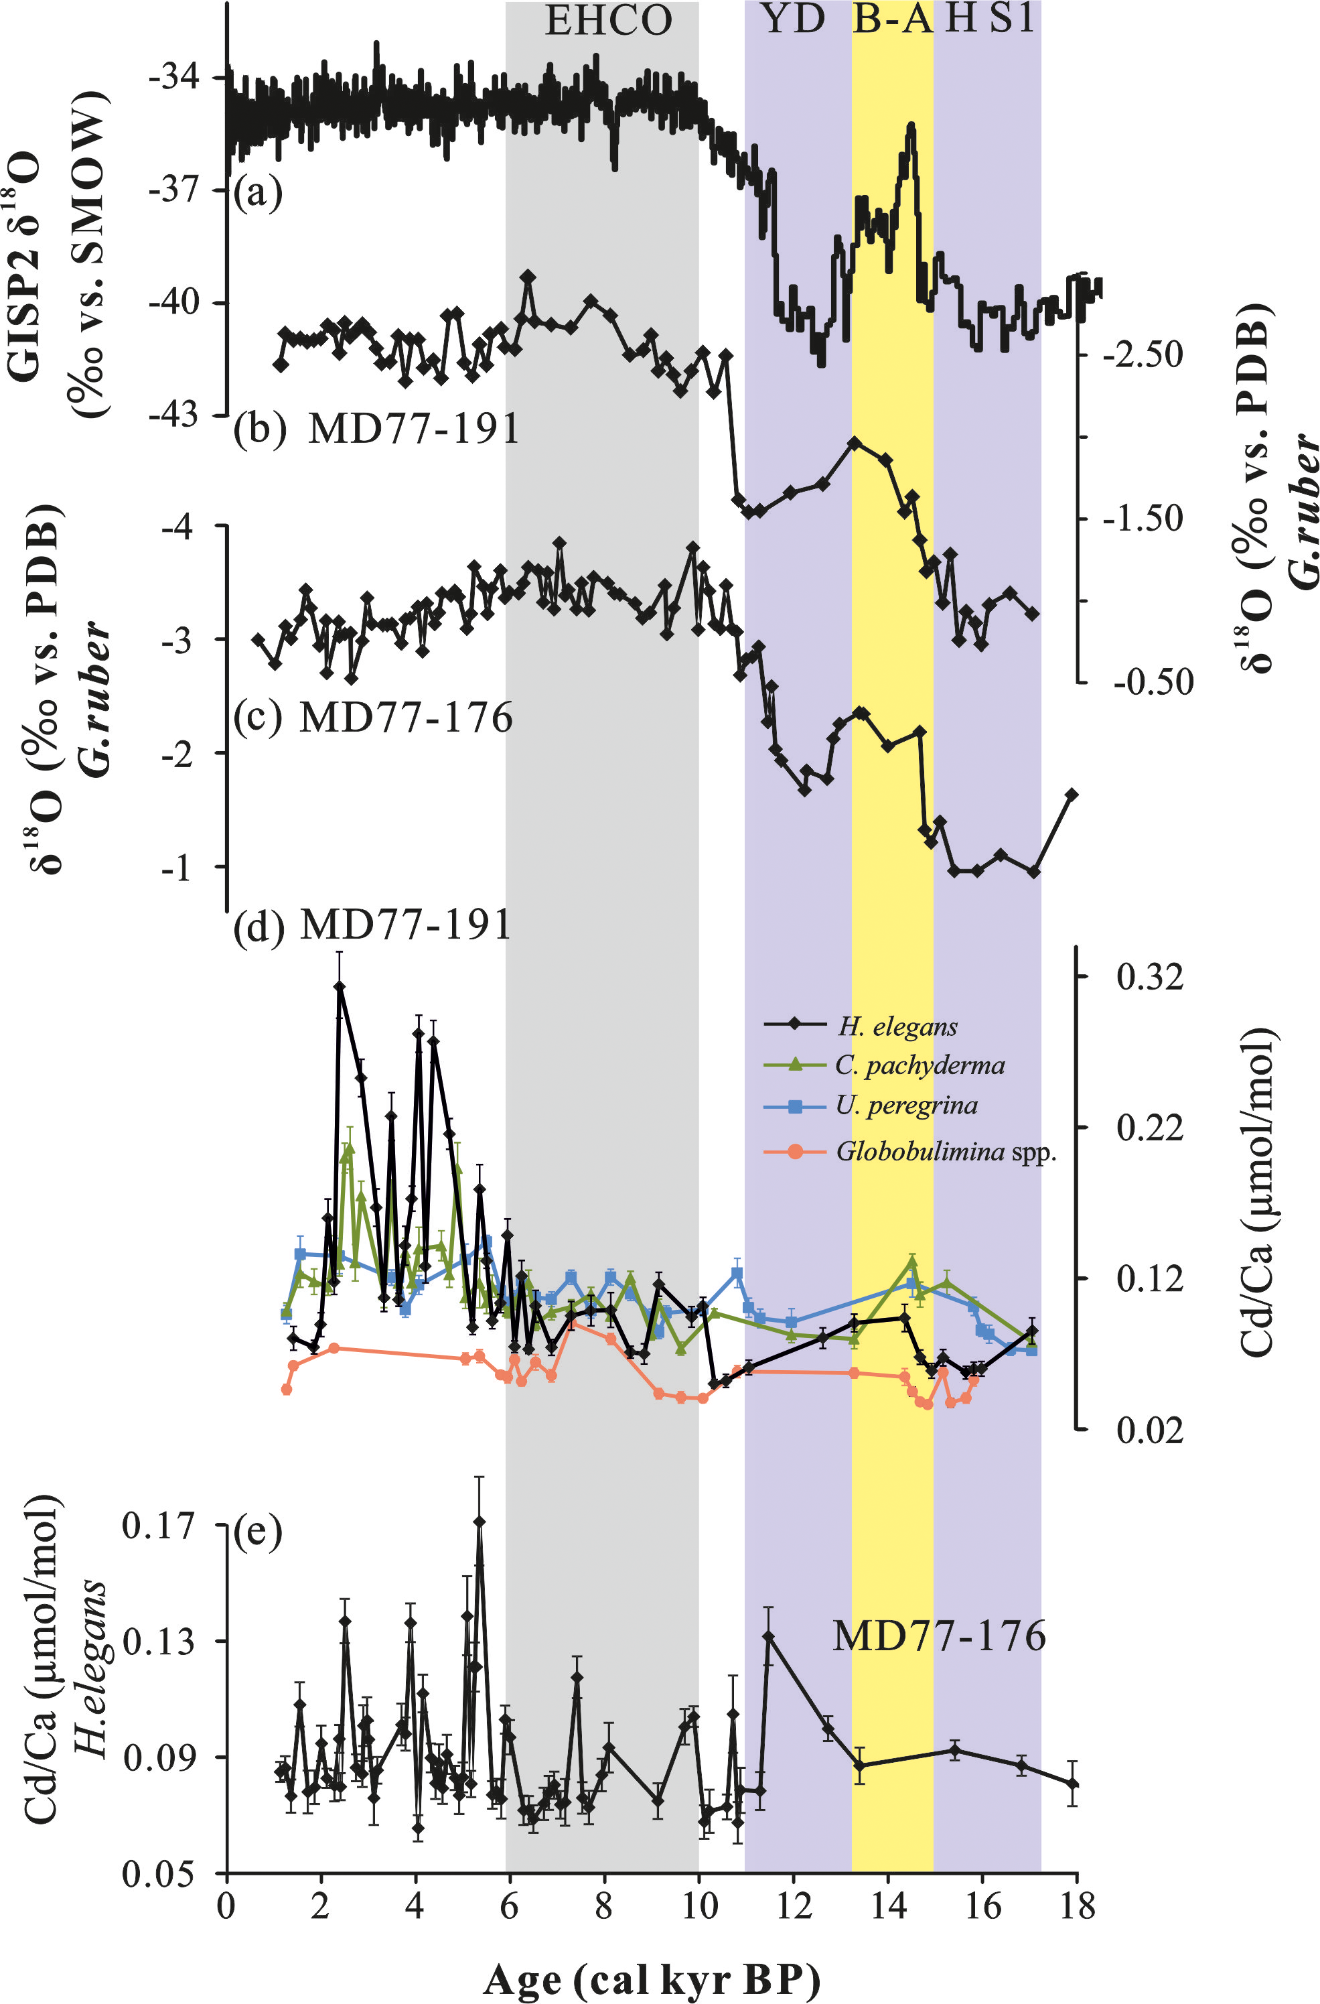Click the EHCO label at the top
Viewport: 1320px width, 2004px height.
click(608, 20)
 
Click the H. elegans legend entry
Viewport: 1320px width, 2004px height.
click(897, 1026)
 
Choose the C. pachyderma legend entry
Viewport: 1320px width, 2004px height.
click(920, 1066)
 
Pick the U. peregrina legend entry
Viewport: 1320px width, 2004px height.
click(906, 1106)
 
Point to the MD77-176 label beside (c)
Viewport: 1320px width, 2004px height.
click(406, 718)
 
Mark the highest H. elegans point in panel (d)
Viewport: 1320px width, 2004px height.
click(340, 987)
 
